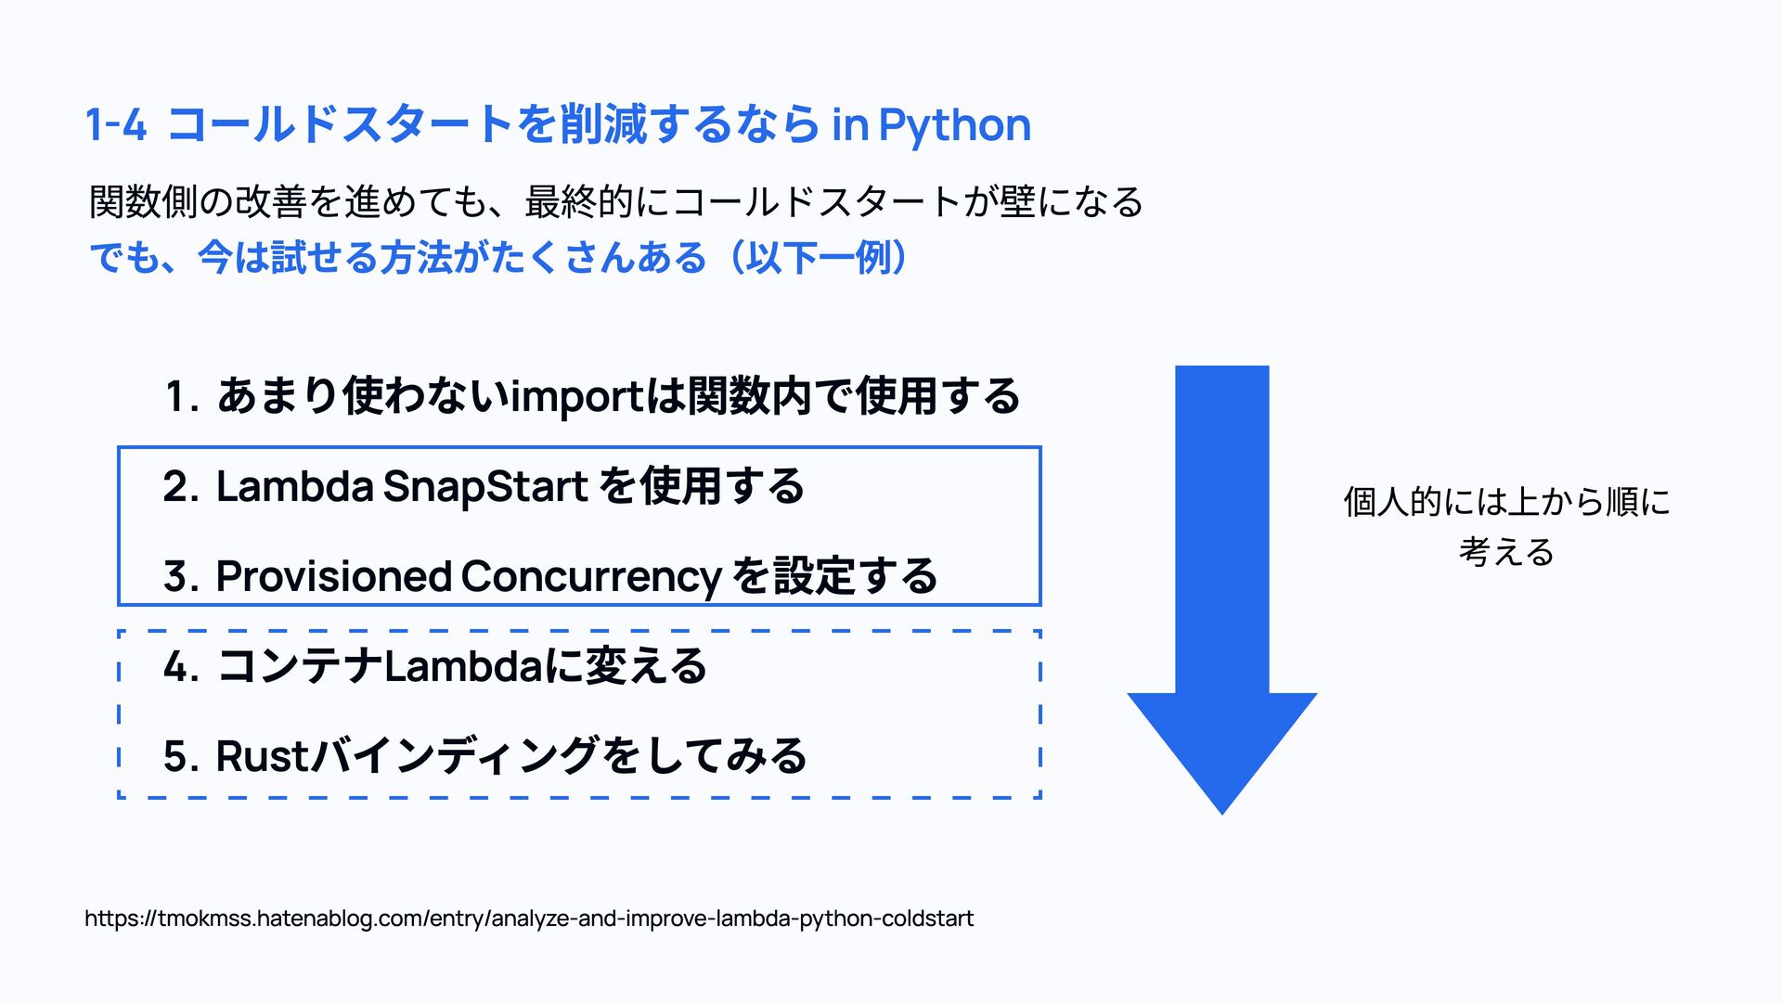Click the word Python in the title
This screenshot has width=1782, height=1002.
pyautogui.click(x=954, y=125)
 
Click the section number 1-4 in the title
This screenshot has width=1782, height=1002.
pyautogui.click(x=116, y=125)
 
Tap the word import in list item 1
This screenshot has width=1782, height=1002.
pyautogui.click(x=576, y=397)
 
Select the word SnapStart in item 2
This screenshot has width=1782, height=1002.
pyautogui.click(x=484, y=487)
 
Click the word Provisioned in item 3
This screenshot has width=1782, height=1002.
pyautogui.click(x=333, y=577)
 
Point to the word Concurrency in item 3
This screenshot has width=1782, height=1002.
pyautogui.click(x=590, y=577)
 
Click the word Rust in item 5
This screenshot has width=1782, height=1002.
pyautogui.click(x=261, y=756)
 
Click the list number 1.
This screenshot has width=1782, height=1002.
pyautogui.click(x=179, y=397)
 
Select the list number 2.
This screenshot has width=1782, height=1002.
pyautogui.click(x=179, y=487)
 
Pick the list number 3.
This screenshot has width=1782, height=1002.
pyautogui.click(x=179, y=577)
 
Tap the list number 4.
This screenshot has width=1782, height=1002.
pyautogui.click(x=179, y=667)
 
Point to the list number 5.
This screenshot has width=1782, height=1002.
pyautogui.click(x=179, y=756)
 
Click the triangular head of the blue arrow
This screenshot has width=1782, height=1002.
pyautogui.click(x=1221, y=742)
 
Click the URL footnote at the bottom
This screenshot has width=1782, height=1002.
pyautogui.click(x=529, y=918)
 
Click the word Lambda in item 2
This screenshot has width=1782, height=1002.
pyautogui.click(x=294, y=487)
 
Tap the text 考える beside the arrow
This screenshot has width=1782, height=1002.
pyautogui.click(x=1506, y=552)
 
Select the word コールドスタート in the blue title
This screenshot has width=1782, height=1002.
pyautogui.click(x=340, y=125)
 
